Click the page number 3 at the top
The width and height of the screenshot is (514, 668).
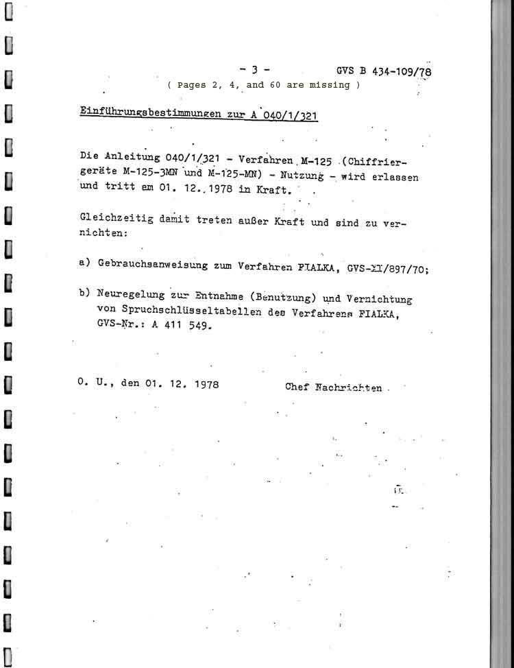coord(254,69)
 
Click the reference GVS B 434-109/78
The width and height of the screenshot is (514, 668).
coord(384,71)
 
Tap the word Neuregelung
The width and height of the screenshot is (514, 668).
coord(131,296)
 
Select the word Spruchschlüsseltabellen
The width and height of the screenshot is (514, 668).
coord(163,310)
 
